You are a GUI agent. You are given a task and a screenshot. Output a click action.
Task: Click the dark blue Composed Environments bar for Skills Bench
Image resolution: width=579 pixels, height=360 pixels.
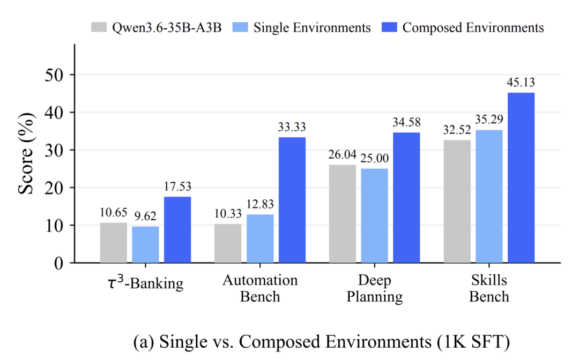pos(521,178)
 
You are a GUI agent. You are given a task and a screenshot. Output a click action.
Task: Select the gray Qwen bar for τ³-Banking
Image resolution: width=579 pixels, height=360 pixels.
pos(113,243)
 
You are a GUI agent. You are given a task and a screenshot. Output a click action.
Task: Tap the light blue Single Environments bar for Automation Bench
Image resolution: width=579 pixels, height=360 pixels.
pos(260,238)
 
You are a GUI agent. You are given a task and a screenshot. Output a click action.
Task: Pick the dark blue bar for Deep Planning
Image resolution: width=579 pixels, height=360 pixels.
pos(406,198)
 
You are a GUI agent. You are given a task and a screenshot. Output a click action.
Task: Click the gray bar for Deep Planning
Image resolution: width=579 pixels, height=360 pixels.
pos(342,214)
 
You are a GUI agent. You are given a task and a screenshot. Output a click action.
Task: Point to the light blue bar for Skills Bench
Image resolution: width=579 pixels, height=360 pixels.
pos(489,196)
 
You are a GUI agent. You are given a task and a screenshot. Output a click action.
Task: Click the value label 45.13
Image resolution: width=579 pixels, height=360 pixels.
pos(521,82)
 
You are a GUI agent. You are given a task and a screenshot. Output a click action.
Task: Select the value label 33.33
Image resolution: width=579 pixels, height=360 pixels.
pos(292,127)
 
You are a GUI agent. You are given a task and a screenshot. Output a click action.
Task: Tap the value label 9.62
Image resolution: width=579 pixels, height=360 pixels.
pos(145,216)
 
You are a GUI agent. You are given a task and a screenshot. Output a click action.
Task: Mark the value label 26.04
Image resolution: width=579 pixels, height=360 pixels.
pos(342,154)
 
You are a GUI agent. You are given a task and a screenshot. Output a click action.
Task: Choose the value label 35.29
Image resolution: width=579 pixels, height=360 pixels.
pos(489,119)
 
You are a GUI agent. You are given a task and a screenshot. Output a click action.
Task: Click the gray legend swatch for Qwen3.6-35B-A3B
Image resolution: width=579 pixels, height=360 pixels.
pos(99,27)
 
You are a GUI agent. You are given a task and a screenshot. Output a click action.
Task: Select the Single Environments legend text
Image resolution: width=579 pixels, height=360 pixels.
pos(312,28)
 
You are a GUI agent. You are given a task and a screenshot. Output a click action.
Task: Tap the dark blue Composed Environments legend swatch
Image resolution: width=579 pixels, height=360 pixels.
pos(389,27)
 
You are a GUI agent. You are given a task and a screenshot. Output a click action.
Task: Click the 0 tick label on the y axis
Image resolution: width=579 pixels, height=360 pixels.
pos(59,264)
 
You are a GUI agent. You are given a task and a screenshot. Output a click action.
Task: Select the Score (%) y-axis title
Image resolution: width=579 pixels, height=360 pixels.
pos(26,153)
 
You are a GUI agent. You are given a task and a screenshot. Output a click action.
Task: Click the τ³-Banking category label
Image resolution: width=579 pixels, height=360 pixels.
pos(145,283)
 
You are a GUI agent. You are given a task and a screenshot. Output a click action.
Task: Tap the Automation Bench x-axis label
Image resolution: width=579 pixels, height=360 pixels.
pos(260,288)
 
